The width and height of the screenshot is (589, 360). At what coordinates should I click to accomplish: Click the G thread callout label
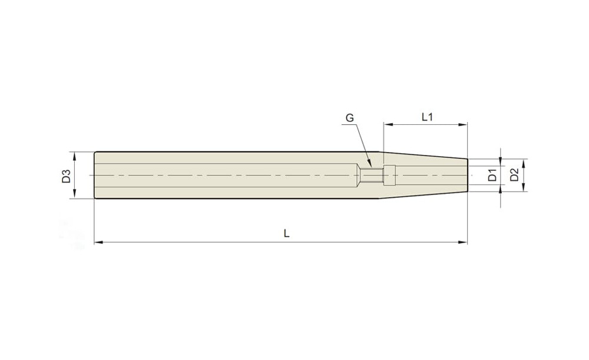(x=349, y=118)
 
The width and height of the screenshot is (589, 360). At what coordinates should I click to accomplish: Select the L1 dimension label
(x=427, y=117)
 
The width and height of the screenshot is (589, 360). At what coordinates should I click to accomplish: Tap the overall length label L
(x=286, y=234)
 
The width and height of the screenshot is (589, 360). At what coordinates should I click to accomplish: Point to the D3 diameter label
(x=67, y=176)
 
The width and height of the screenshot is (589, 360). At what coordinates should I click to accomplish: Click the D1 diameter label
(x=492, y=176)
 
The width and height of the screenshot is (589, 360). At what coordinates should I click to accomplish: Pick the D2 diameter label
(x=514, y=175)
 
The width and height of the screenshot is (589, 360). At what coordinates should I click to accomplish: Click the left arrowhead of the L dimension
(x=98, y=242)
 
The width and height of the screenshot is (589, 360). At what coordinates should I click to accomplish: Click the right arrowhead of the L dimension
(x=463, y=242)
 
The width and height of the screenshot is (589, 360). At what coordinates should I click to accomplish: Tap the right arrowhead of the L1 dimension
(x=463, y=124)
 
